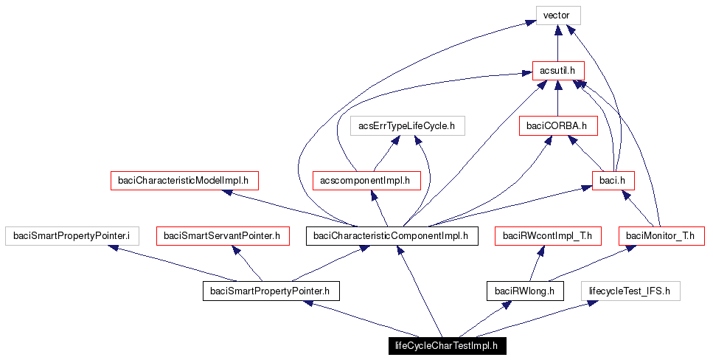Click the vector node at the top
pyautogui.click(x=557, y=15)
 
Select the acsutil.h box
pyautogui.click(x=557, y=71)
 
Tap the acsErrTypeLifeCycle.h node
pyautogui.click(x=407, y=125)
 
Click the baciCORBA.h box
pyautogui.click(x=557, y=125)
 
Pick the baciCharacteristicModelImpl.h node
pyautogui.click(x=184, y=180)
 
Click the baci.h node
pyautogui.click(x=613, y=180)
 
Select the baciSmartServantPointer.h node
pyautogui.click(x=222, y=235)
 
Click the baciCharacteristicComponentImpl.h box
pyautogui.click(x=392, y=235)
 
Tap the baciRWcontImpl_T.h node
pyautogui.click(x=547, y=235)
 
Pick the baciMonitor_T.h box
pyautogui.click(x=661, y=235)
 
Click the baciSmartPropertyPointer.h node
pyautogui.click(x=271, y=291)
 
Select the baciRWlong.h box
pyautogui.click(x=524, y=291)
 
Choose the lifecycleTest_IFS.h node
pyautogui.click(x=629, y=291)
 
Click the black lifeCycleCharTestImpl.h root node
pyautogui.click(x=447, y=345)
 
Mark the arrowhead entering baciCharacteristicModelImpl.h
pyautogui.click(x=228, y=193)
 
